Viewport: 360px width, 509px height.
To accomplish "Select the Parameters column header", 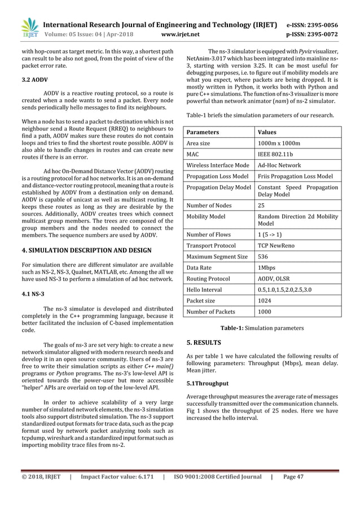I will pos(204,132).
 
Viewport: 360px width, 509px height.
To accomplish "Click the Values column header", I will pos(267,132).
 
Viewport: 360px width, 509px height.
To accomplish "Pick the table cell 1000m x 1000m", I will pos(277,143).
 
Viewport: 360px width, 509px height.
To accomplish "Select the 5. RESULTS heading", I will pos(204,342).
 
